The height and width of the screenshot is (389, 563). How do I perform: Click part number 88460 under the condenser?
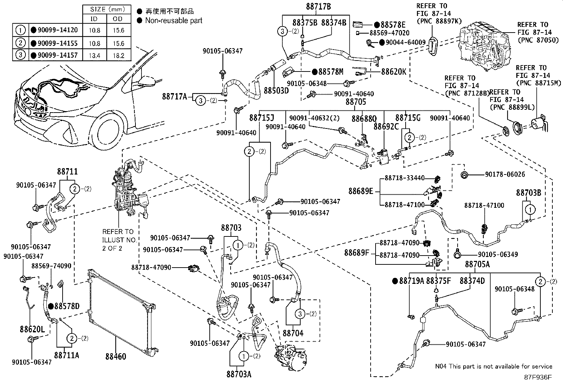115,356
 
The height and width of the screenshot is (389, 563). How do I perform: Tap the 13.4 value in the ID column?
94,56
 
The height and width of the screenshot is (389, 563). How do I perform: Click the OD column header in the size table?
118,19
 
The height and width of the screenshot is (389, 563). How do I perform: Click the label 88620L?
32,330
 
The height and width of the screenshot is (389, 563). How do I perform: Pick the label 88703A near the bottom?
239,374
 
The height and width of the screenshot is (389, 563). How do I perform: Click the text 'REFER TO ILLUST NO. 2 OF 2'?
119,240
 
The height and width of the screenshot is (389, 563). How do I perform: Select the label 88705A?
477,264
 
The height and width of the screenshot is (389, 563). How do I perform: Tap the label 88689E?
360,191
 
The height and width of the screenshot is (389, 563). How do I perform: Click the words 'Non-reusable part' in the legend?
174,21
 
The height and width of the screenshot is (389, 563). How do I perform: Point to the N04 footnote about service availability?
493,367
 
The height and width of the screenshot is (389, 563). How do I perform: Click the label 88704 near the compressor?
293,333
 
